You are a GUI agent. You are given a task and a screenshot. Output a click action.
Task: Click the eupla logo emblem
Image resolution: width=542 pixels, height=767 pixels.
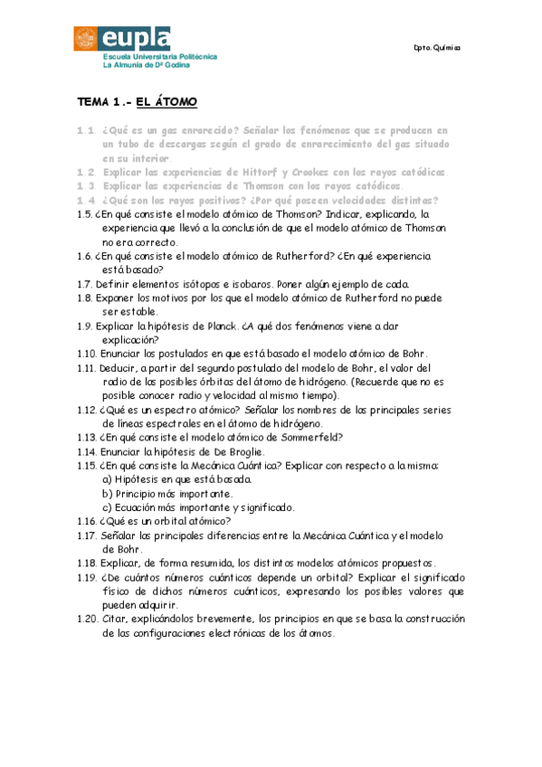[x=88, y=39]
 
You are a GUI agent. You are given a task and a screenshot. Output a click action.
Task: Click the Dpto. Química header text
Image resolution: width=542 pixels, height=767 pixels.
[x=436, y=47]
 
